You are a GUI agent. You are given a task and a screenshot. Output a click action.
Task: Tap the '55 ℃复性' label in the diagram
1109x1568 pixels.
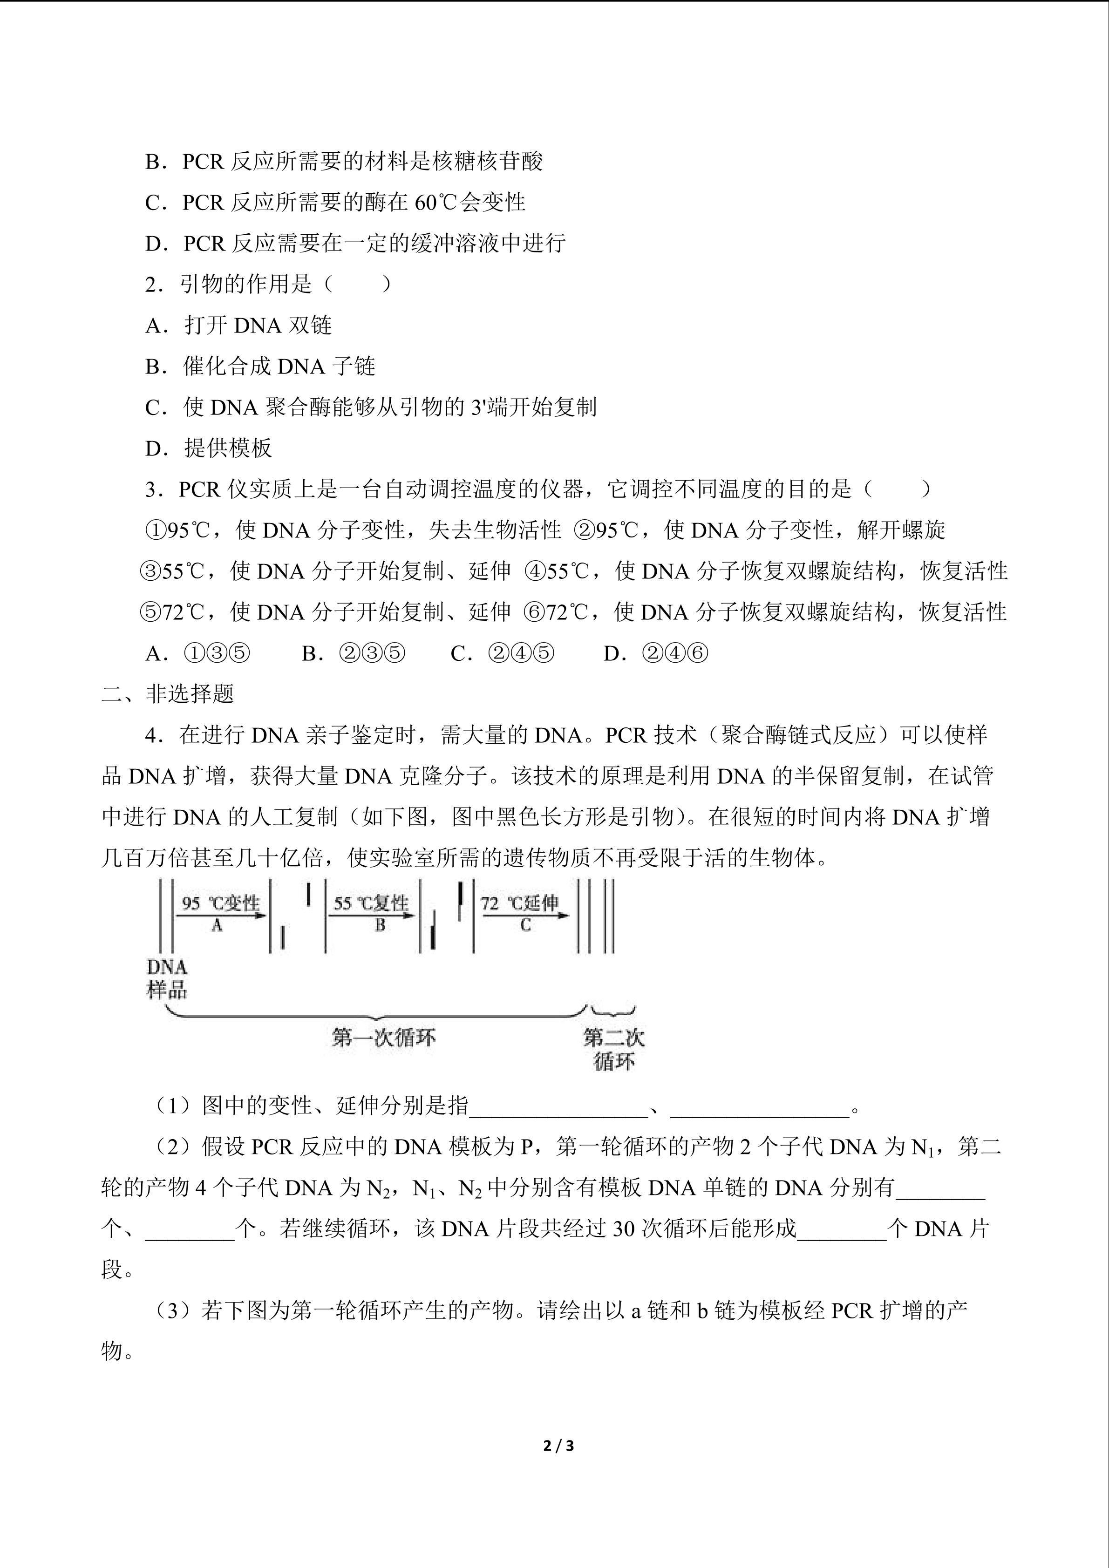point(371,903)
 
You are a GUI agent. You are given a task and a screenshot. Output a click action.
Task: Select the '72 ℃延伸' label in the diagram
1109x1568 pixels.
point(520,903)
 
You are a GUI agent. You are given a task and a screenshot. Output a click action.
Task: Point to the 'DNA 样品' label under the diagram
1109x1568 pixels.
point(167,978)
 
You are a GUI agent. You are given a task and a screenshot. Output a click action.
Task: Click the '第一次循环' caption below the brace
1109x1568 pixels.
point(383,1038)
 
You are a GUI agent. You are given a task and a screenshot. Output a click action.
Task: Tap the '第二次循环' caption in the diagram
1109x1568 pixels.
point(613,1050)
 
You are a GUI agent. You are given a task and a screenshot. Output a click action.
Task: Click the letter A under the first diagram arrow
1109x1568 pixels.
point(217,925)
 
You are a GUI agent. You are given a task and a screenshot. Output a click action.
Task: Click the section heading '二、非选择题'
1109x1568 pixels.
point(168,694)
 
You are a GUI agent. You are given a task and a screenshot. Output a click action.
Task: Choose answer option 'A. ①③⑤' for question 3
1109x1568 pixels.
point(198,653)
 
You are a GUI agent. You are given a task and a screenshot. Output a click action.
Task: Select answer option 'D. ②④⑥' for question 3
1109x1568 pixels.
point(655,653)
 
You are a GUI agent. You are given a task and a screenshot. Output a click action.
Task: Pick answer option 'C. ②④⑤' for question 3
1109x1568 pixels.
point(503,653)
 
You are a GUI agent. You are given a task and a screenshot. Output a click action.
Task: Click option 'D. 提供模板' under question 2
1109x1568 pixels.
point(208,448)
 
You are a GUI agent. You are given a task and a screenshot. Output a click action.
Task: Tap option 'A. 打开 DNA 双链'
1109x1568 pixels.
point(238,325)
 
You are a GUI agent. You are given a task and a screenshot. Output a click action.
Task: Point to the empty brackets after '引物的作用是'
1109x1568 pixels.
point(358,284)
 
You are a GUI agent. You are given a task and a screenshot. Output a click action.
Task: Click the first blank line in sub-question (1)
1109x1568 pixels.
point(558,1106)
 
